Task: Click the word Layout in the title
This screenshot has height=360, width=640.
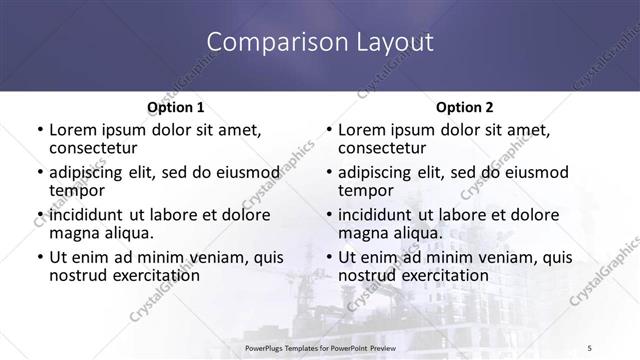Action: [389, 42]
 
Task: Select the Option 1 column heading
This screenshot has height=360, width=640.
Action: [175, 106]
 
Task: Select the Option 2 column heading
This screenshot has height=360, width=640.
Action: [463, 106]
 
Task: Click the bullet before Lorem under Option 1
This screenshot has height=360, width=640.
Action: [39, 130]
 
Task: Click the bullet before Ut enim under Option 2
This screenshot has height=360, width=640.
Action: [328, 258]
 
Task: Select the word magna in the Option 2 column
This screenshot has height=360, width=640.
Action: [362, 233]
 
